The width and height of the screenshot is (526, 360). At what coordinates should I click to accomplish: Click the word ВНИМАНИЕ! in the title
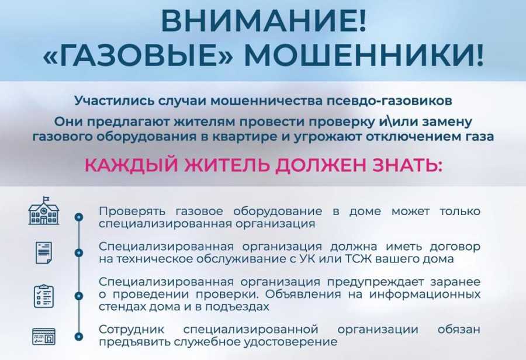[x=262, y=22]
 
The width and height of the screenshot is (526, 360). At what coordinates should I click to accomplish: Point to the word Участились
[x=108, y=101]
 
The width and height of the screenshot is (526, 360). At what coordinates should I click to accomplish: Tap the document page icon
[x=44, y=252]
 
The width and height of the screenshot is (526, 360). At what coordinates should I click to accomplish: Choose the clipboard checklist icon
[x=44, y=296]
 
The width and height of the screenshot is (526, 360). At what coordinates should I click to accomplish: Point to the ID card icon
[x=44, y=337]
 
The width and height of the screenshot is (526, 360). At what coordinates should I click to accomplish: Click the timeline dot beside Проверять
[x=79, y=217]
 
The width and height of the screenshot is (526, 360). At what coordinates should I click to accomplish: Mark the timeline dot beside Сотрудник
[x=79, y=336]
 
